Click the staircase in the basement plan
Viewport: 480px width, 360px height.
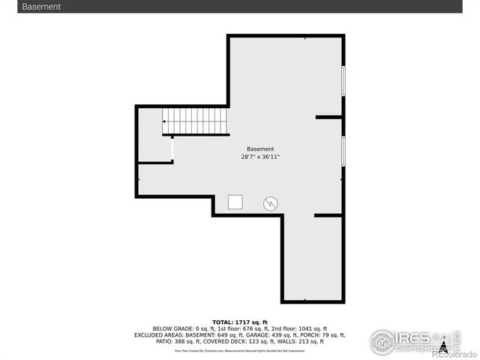point(196,121)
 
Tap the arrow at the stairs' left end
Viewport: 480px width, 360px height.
point(165,121)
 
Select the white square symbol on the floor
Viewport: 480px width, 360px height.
point(235,202)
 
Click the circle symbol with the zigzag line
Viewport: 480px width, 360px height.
point(270,202)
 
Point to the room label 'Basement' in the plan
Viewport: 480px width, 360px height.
point(260,149)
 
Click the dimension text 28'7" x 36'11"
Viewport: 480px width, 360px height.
point(260,157)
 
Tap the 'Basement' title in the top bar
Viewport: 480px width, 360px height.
point(41,7)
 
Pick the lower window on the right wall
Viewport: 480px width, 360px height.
point(343,150)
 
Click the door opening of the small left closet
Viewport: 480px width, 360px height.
point(172,148)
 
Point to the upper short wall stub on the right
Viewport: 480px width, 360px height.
point(328,117)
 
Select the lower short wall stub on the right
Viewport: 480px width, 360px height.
point(328,215)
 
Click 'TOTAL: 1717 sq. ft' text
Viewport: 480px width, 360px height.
point(240,322)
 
